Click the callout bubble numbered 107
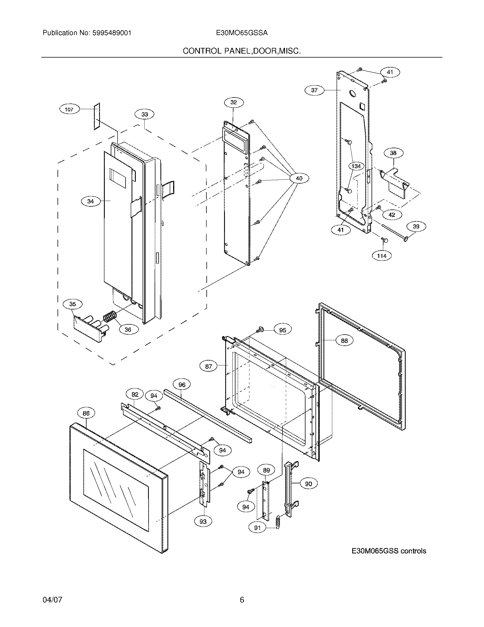point(69,109)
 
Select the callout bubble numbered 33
point(145,114)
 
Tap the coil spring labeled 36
point(110,317)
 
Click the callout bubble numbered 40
point(299,178)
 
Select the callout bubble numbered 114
point(382,256)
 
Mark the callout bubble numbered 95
point(282,330)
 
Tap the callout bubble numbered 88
point(344,341)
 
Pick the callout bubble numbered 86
point(86,413)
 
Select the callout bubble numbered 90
point(308,484)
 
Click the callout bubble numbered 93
point(203,522)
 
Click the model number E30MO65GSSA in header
point(242,33)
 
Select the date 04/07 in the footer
point(52,600)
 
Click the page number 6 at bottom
point(242,600)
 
